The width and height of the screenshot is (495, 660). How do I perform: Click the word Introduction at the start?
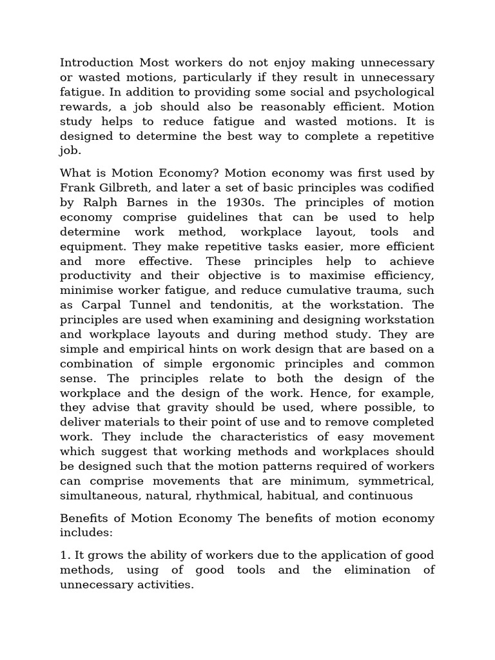point(96,63)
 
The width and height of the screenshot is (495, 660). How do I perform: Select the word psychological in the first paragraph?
point(393,92)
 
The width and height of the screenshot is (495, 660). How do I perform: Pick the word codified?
point(408,188)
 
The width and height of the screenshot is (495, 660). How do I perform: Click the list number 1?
point(64,555)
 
